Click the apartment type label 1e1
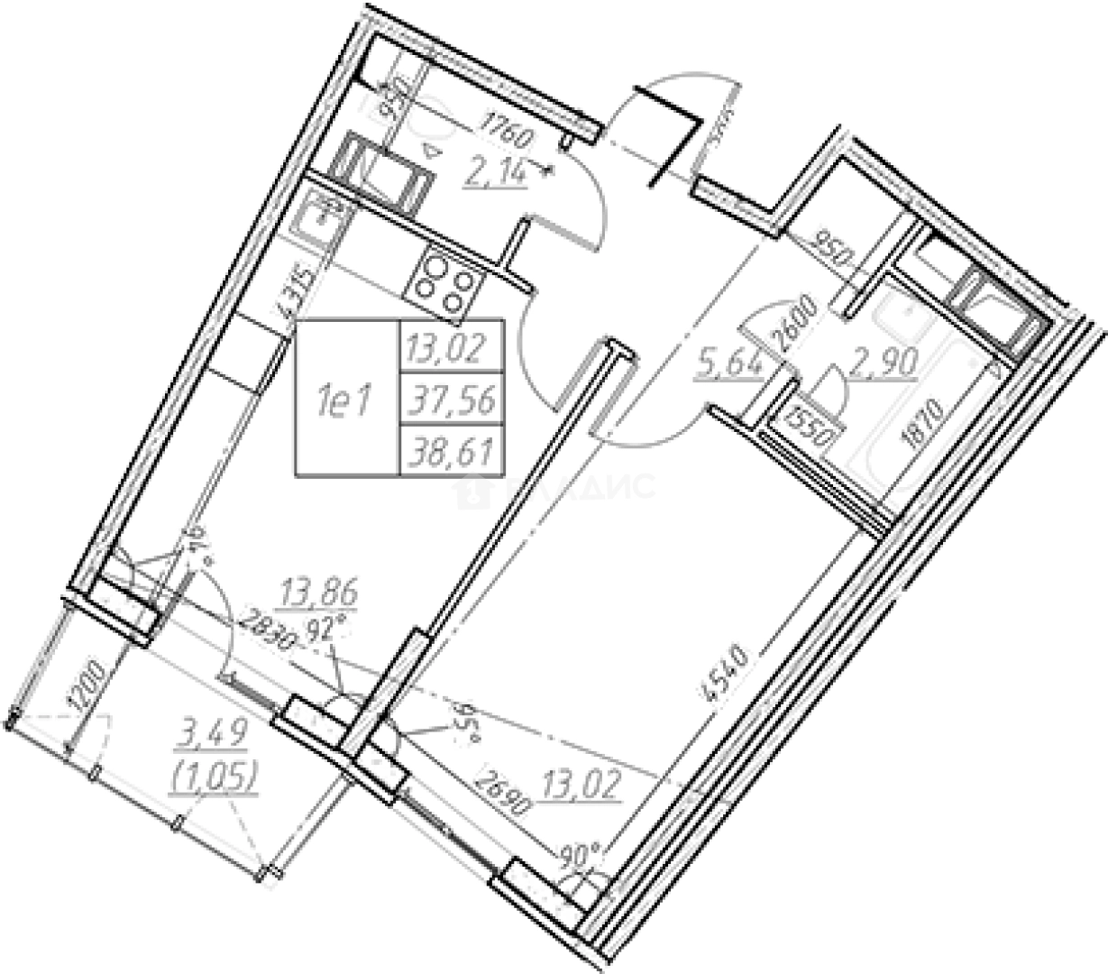tap(346, 398)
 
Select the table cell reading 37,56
tap(452, 397)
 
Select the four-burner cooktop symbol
tap(443, 281)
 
